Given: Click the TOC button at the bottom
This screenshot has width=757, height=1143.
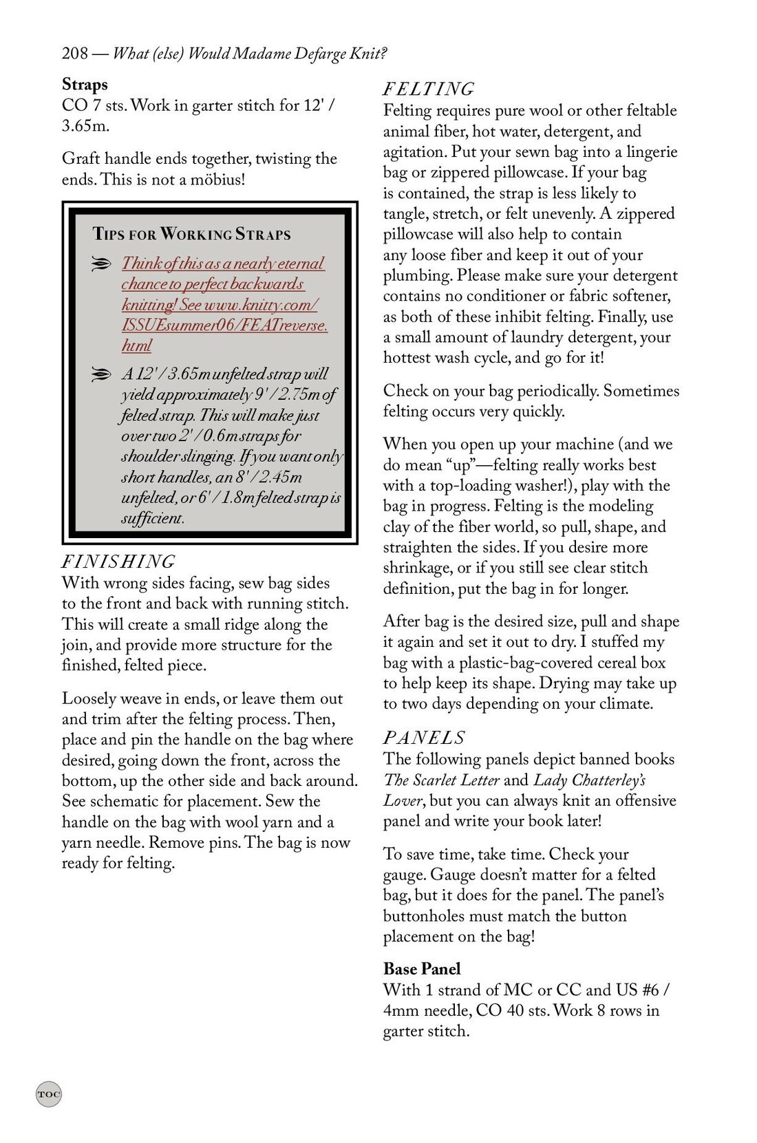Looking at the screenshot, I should (49, 1094).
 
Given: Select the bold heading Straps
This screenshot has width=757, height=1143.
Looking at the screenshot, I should (85, 85).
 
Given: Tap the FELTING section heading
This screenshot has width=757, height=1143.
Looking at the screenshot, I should (428, 89).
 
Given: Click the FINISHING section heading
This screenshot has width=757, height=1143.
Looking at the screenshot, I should (118, 562).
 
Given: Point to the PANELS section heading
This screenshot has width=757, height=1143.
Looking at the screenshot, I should (424, 738).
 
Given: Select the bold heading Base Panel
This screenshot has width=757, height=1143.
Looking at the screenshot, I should (422, 969).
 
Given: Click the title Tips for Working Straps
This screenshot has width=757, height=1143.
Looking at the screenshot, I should (191, 234).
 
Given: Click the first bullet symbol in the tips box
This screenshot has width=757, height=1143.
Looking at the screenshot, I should (100, 264).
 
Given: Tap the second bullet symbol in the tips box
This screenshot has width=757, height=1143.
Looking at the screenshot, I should (100, 374).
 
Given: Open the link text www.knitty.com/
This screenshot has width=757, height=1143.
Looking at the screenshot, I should (261, 305).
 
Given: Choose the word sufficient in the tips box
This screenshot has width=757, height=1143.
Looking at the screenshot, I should (152, 518).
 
